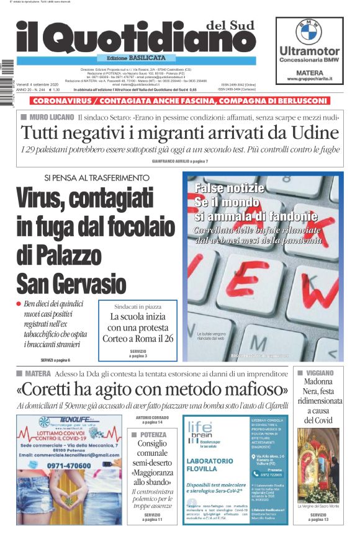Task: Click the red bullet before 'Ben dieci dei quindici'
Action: click(x=19, y=304)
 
